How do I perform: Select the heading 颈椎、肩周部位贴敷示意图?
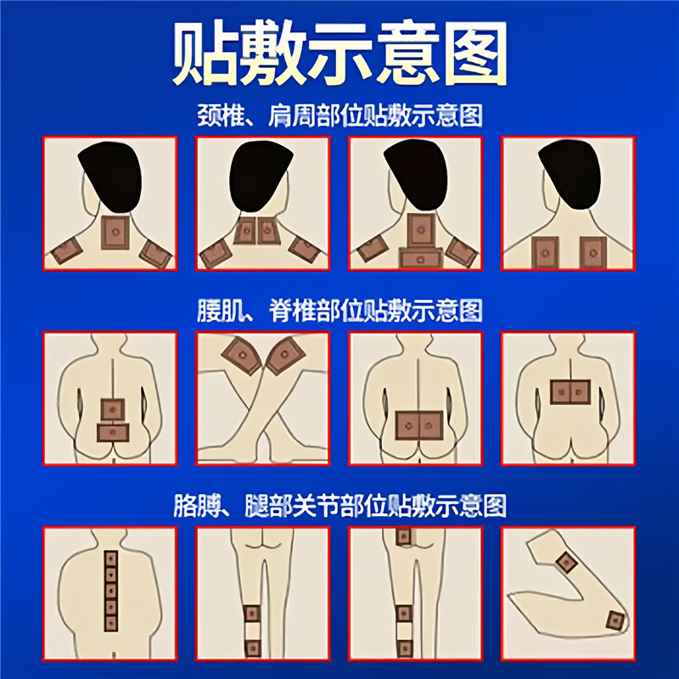pos(339,116)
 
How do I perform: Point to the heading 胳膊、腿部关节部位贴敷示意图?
pos(339,507)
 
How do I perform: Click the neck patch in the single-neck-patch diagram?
pos(114,232)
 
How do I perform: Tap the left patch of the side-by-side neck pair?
pos(247,230)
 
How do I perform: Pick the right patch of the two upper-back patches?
pos(592,251)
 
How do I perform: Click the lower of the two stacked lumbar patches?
pos(111,432)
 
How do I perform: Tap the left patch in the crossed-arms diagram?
pos(238,355)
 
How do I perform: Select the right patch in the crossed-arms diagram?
pos(287,356)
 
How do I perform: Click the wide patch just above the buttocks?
pos(418,423)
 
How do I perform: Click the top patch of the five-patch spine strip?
pos(110,558)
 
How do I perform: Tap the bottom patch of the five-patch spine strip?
pos(110,624)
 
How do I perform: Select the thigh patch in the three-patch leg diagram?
pos(403,536)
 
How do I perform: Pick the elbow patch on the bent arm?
pos(614,620)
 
